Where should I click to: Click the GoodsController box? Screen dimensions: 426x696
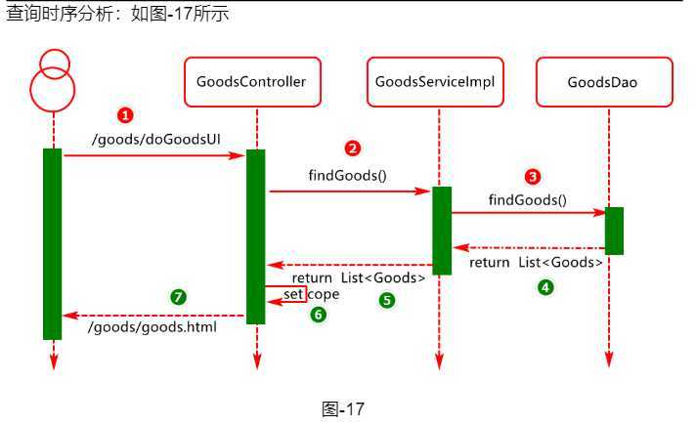point(256,82)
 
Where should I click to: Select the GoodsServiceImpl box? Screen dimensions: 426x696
point(439,82)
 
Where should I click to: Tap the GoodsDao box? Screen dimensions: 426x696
point(602,82)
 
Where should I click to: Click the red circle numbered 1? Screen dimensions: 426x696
point(125,115)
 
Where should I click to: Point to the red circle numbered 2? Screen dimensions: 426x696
point(353,149)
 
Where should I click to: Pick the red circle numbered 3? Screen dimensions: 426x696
point(532,177)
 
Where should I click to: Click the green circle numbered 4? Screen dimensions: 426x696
point(545,287)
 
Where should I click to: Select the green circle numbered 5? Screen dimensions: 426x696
point(387,301)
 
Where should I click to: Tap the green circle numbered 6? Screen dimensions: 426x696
point(318,315)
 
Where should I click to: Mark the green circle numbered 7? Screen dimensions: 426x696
point(178,297)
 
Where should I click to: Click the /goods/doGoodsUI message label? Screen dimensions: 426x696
point(155,139)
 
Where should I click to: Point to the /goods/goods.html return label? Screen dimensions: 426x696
point(152,327)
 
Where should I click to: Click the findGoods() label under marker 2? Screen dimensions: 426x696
point(348,176)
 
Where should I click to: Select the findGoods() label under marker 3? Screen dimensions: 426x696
point(528,200)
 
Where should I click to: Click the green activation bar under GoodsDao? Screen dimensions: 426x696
point(614,231)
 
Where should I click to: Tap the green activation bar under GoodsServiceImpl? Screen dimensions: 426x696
point(442,231)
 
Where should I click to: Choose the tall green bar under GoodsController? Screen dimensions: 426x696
point(256,236)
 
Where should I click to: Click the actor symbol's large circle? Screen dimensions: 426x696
point(53,89)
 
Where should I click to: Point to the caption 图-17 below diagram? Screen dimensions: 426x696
point(343,409)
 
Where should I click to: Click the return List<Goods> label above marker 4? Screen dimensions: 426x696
point(536,263)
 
